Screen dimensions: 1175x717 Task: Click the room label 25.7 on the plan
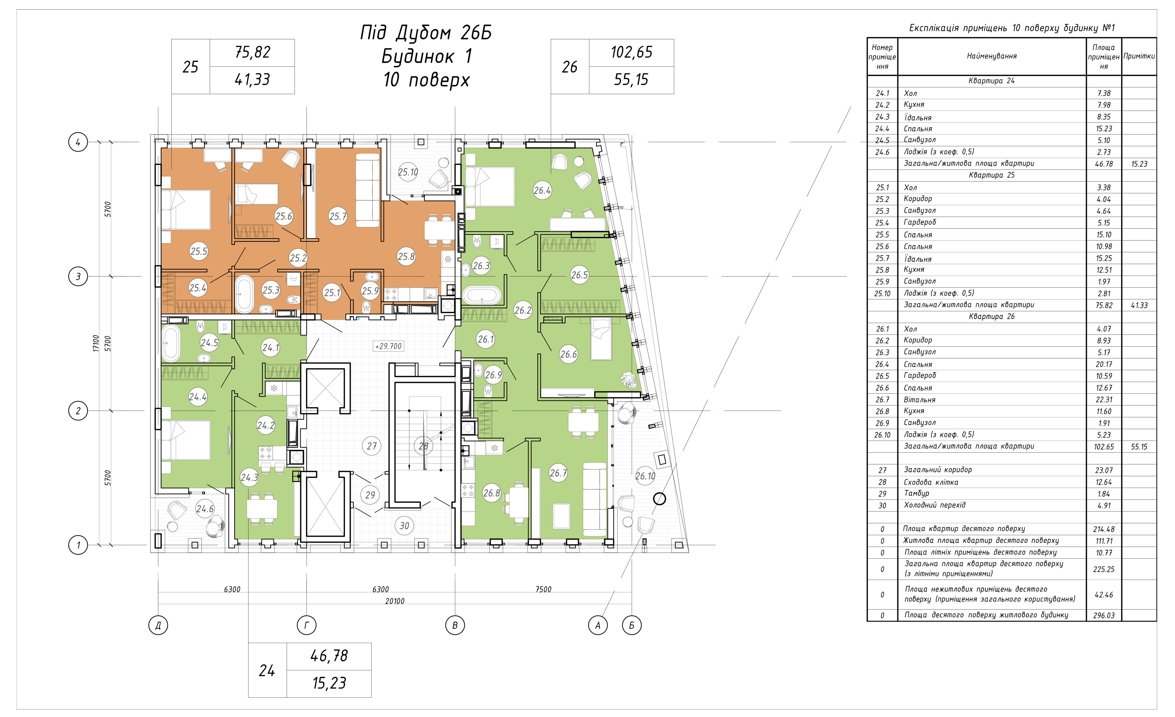(338, 216)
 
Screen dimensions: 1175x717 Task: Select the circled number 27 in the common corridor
(372, 446)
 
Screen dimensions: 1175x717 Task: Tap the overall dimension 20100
(395, 601)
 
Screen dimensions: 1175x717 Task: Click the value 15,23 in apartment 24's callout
(329, 683)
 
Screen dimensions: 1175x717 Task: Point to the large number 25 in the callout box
(190, 67)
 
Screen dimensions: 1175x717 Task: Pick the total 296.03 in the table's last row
(1104, 615)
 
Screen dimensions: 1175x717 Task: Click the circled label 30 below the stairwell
(404, 526)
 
